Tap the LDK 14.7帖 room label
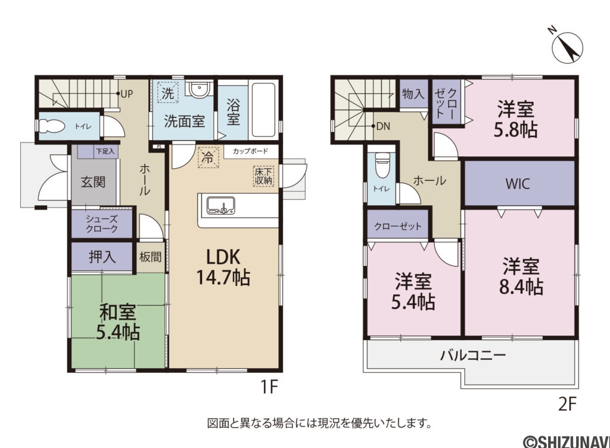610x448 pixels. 223,267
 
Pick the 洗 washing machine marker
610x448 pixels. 168,94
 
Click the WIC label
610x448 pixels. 518,184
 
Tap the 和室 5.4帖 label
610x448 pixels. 117,322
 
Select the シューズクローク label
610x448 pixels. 101,224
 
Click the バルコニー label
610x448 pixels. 473,356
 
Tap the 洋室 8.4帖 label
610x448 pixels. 521,276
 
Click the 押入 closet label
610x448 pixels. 102,257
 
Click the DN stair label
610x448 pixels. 381,126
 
